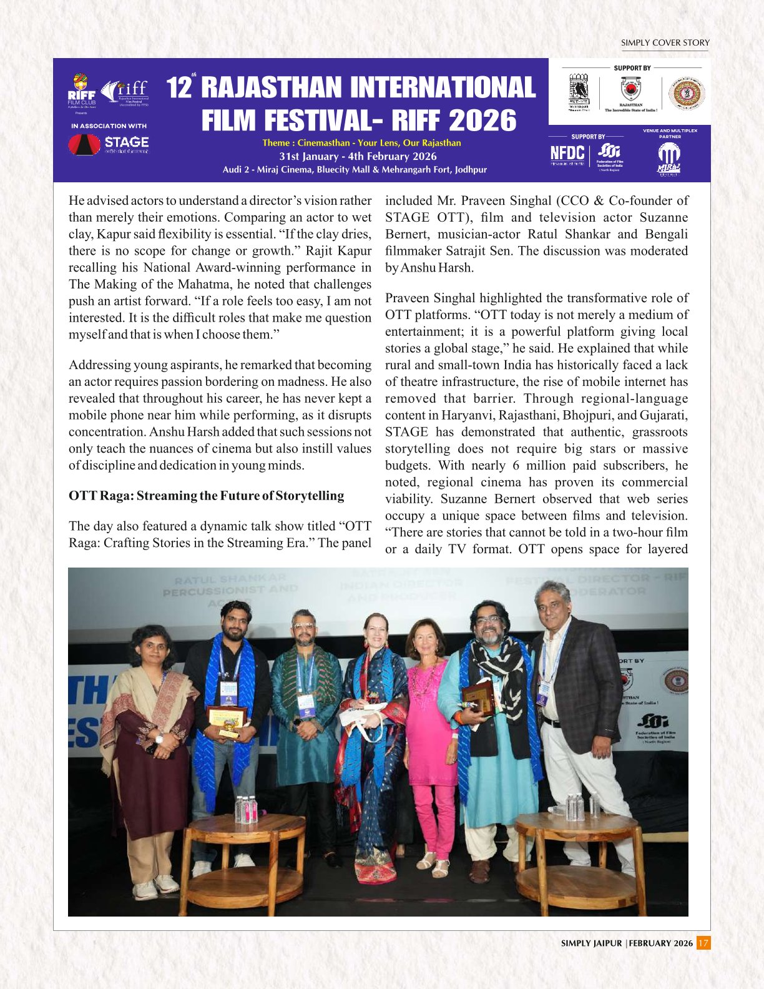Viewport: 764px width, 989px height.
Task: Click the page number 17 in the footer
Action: [703, 943]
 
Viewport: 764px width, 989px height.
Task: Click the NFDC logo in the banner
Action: [567, 154]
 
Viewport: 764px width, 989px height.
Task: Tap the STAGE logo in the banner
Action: [109, 144]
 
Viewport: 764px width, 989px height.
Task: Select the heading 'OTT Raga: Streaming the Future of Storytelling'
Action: [206, 496]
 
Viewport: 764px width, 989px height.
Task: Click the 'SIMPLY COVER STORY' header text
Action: [665, 43]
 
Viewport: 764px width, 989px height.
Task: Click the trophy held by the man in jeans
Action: [226, 721]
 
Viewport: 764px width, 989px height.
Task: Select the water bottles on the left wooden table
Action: [245, 809]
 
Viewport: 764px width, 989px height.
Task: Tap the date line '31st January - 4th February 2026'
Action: [358, 156]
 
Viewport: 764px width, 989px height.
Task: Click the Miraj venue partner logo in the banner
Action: [668, 159]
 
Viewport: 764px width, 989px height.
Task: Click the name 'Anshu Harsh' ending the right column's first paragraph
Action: [436, 268]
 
